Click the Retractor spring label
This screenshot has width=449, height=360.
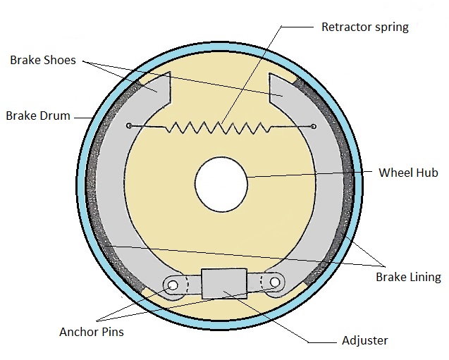tap(364, 27)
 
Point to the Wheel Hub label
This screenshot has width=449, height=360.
tap(408, 173)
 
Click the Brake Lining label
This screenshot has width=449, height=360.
tap(408, 277)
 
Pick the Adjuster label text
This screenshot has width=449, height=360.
tap(364, 340)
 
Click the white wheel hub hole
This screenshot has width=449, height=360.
tap(221, 185)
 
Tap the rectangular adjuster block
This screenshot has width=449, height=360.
tap(223, 284)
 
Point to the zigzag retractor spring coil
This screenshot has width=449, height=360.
tap(221, 128)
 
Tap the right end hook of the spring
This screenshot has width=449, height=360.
tap(313, 127)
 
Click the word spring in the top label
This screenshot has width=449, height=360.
tap(392, 27)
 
